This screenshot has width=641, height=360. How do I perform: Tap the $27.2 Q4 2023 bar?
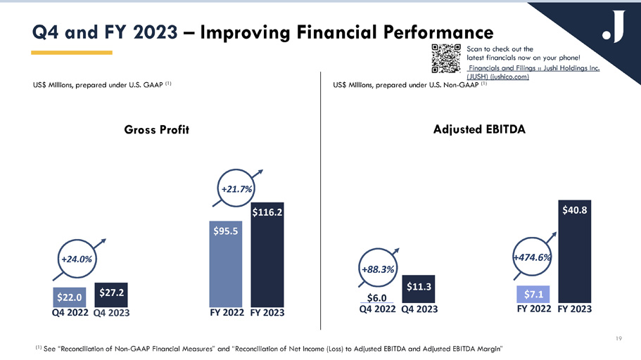coord(110,293)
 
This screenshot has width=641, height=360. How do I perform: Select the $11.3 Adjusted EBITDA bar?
coord(419,289)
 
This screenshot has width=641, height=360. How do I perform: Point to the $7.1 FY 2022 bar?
coord(533,294)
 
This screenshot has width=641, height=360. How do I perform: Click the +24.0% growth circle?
coord(77,259)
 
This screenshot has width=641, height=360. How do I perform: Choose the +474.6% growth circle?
coord(531,257)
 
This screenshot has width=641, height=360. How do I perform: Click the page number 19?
coord(618,339)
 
